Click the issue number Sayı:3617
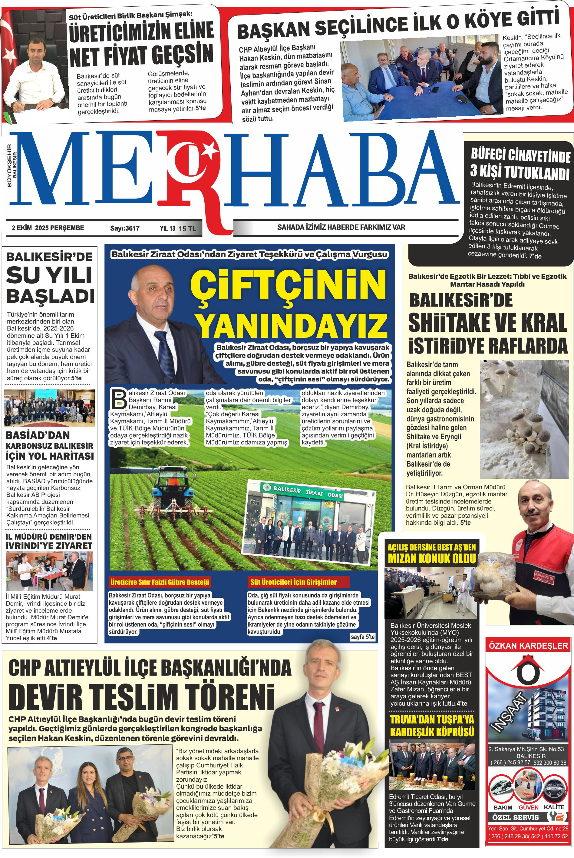pyautogui.click(x=125, y=228)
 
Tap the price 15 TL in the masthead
pyautogui.click(x=187, y=229)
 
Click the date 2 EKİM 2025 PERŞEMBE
pyautogui.click(x=48, y=228)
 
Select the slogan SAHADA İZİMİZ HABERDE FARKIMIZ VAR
pyautogui.click(x=341, y=227)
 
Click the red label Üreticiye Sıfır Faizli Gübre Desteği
pyautogui.click(x=160, y=582)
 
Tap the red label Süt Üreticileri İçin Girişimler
pyautogui.click(x=293, y=582)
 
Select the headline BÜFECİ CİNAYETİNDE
pyautogui.click(x=520, y=155)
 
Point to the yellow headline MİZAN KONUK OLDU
pyautogui.click(x=432, y=558)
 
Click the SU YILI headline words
pyautogui.click(x=49, y=275)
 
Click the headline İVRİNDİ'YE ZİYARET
pyautogui.click(x=49, y=546)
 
